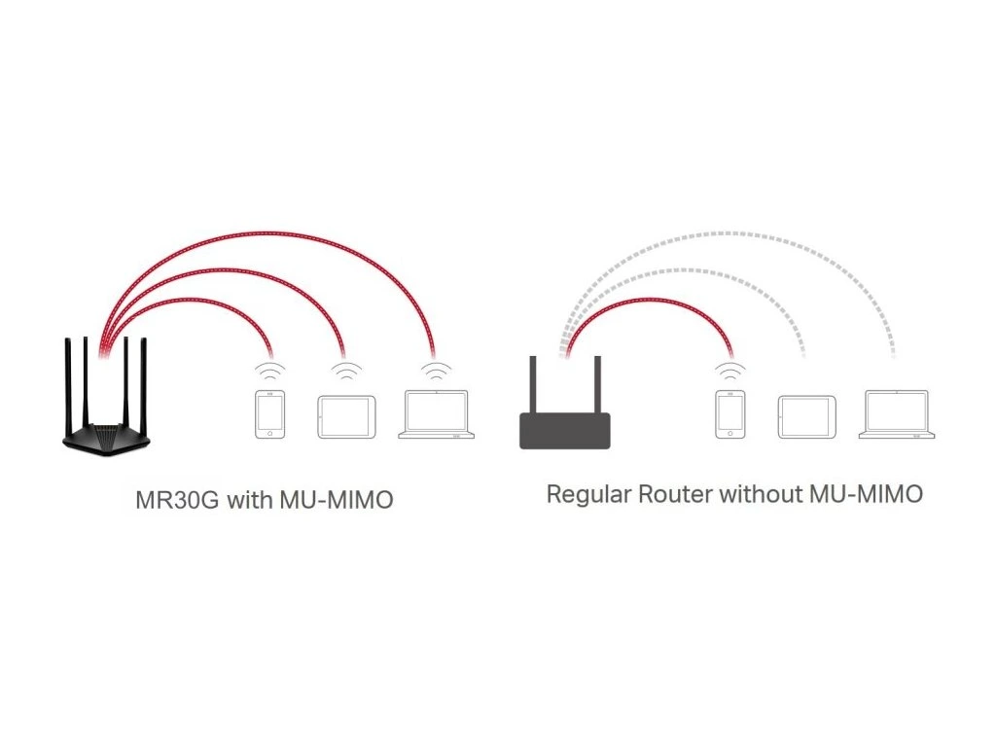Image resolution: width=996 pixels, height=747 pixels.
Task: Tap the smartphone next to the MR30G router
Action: point(269,415)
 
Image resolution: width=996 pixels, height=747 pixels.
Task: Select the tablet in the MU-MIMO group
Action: point(345,416)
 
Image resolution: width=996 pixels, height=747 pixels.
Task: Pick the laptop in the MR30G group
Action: point(437,415)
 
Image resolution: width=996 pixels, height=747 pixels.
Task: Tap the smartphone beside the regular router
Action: point(729,415)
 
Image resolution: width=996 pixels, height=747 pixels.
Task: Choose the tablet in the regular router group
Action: point(806,416)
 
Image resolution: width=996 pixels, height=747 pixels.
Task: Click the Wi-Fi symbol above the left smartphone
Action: point(269,372)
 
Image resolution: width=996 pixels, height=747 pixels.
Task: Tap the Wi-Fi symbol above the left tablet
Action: point(345,372)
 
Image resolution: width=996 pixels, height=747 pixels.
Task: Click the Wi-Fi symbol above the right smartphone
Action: point(729,372)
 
